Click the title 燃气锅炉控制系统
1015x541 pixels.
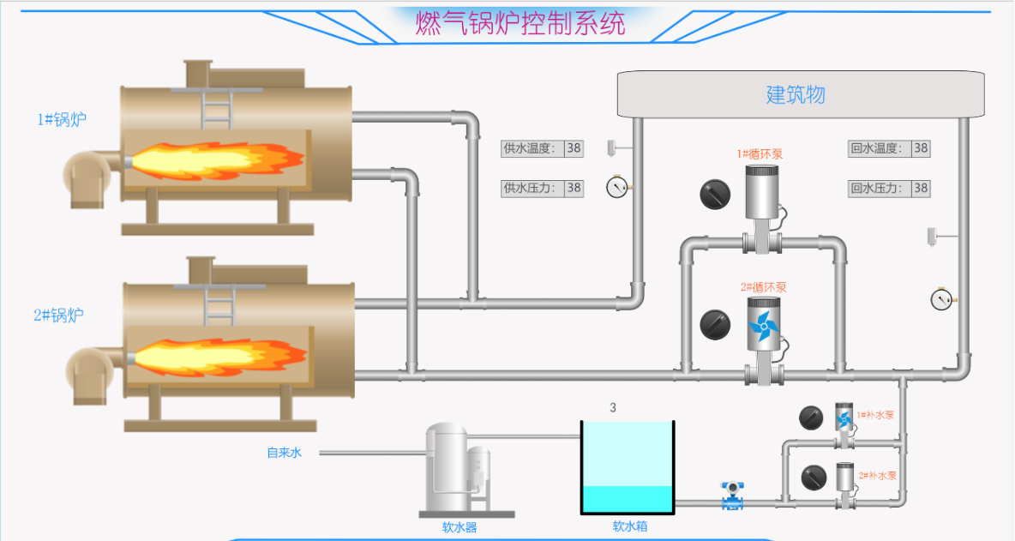520,23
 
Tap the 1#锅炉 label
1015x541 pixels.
61,120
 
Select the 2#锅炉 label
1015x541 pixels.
58,316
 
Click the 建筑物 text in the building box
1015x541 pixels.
795,94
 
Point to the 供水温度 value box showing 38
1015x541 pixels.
574,148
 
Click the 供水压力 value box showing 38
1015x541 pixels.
574,188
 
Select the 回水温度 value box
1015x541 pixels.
920,148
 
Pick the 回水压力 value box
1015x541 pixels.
920,188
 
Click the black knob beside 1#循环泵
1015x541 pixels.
714,195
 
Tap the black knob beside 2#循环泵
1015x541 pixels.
714,324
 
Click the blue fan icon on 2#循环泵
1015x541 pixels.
761,326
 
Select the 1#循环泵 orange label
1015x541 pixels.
760,154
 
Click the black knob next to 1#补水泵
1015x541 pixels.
811,418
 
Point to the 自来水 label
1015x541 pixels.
284,453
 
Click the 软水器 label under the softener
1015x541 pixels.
459,527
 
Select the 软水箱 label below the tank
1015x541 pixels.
630,526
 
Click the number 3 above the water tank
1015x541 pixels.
613,407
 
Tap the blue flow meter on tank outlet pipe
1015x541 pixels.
732,496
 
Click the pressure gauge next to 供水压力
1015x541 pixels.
616,187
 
